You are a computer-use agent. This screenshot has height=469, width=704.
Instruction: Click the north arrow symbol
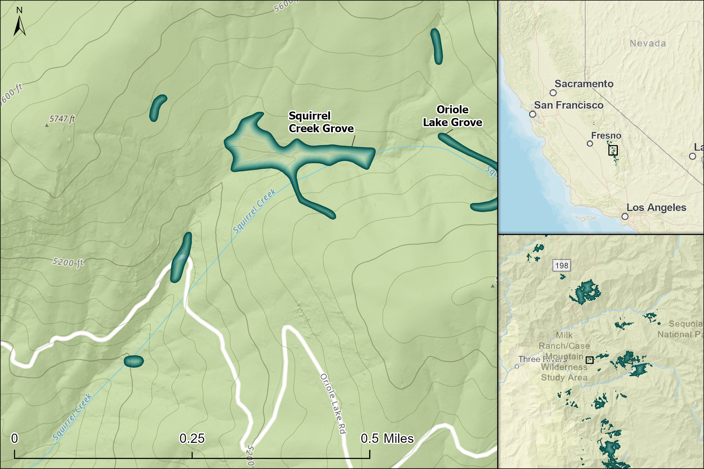coord(19,26)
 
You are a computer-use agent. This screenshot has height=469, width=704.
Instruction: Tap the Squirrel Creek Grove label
coord(321,122)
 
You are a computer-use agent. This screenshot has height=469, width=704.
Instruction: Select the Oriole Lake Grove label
coord(452,116)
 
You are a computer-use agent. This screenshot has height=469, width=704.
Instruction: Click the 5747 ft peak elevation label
coord(62,119)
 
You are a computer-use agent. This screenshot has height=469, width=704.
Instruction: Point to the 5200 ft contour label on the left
coord(68,262)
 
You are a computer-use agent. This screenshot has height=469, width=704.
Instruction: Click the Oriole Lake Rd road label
coord(333,403)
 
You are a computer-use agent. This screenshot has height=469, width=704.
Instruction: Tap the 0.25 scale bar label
coord(192,439)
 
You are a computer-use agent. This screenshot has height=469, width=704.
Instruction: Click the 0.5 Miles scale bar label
coord(387,439)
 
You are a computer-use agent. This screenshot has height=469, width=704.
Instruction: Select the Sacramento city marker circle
coord(553,93)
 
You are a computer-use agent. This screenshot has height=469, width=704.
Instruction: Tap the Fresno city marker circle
coord(590,143)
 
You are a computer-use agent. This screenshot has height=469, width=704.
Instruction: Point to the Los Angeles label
coord(656,208)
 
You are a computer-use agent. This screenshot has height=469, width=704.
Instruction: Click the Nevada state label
coord(648,43)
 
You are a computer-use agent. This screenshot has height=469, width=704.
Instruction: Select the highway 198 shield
coord(562,266)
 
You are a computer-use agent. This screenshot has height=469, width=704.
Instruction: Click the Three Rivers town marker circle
coord(517,366)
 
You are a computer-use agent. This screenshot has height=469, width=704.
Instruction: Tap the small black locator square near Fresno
coord(613,150)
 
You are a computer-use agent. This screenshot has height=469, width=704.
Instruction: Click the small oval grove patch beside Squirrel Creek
coord(134,361)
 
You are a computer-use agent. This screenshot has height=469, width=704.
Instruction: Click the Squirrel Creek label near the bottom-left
coord(72,417)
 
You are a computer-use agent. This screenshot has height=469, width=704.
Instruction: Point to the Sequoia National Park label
coord(685,329)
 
